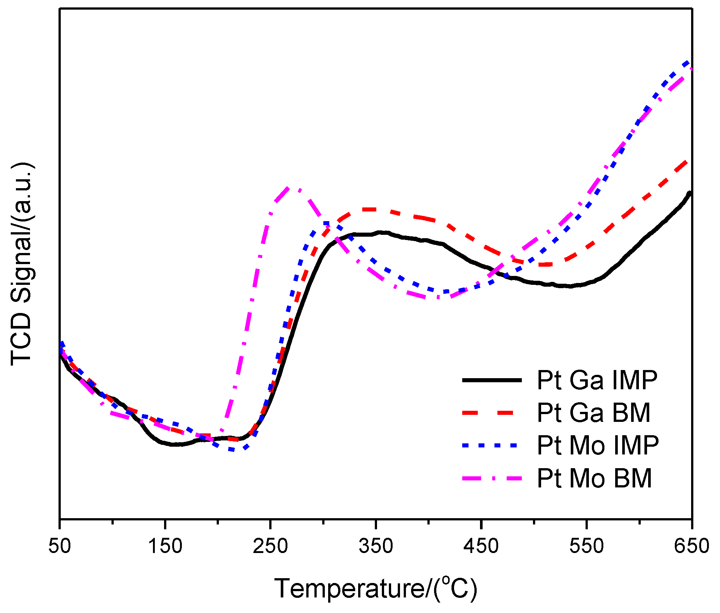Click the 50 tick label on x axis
click(59, 546)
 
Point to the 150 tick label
click(165, 546)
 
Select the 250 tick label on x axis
click(270, 546)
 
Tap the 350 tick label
click(376, 546)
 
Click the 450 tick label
click(481, 546)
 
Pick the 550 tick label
click(586, 546)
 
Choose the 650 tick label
click(691, 546)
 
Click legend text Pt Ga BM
click(594, 413)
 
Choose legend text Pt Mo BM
click(594, 478)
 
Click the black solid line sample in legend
click(492, 380)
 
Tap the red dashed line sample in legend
click(492, 413)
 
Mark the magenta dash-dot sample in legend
click(492, 478)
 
